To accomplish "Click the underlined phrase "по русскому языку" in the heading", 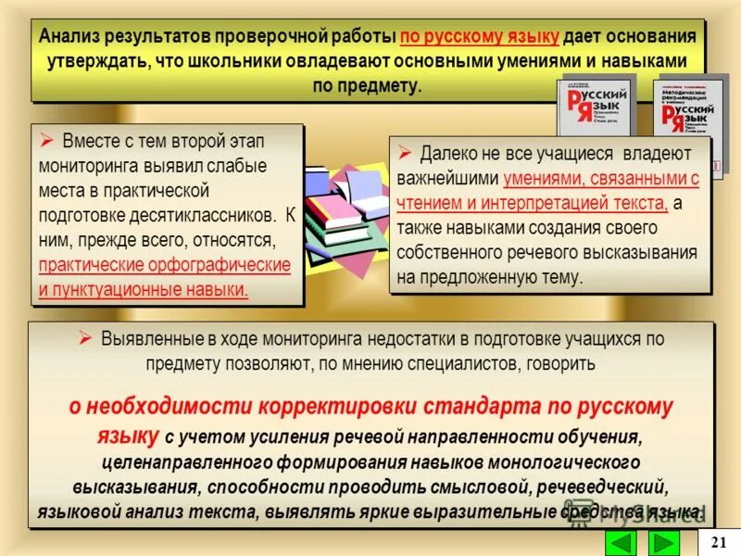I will pos(480,37).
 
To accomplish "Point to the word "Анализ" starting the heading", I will pos(73,37).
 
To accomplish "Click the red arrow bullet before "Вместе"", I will pos(47,141).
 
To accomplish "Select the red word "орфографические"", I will pos(226,265).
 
